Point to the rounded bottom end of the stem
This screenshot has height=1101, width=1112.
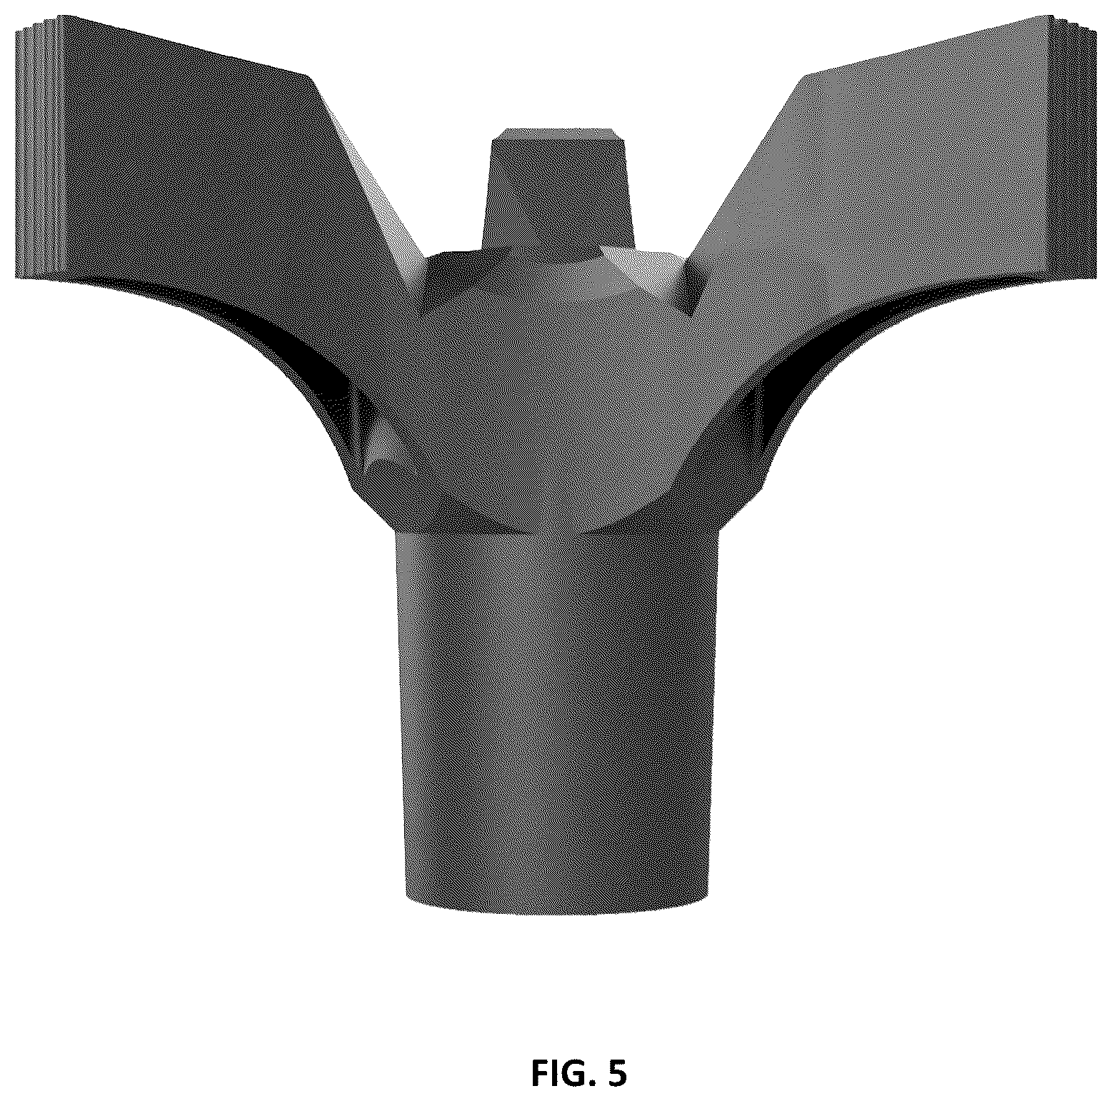click(x=558, y=903)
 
